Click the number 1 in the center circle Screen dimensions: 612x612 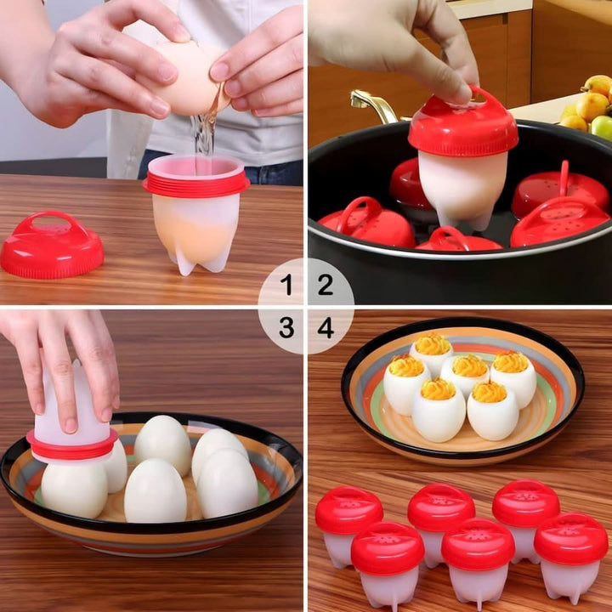pyautogui.click(x=286, y=286)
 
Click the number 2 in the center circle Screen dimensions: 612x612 pyautogui.click(x=326, y=286)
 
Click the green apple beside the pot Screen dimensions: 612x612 pyautogui.click(x=602, y=127)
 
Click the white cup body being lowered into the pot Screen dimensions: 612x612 pyautogui.click(x=459, y=187)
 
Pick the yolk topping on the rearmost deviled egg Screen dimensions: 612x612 pyautogui.click(x=432, y=344)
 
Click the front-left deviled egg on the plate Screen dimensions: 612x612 pyautogui.click(x=438, y=410)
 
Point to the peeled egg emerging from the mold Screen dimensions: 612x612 pyautogui.click(x=74, y=486)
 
